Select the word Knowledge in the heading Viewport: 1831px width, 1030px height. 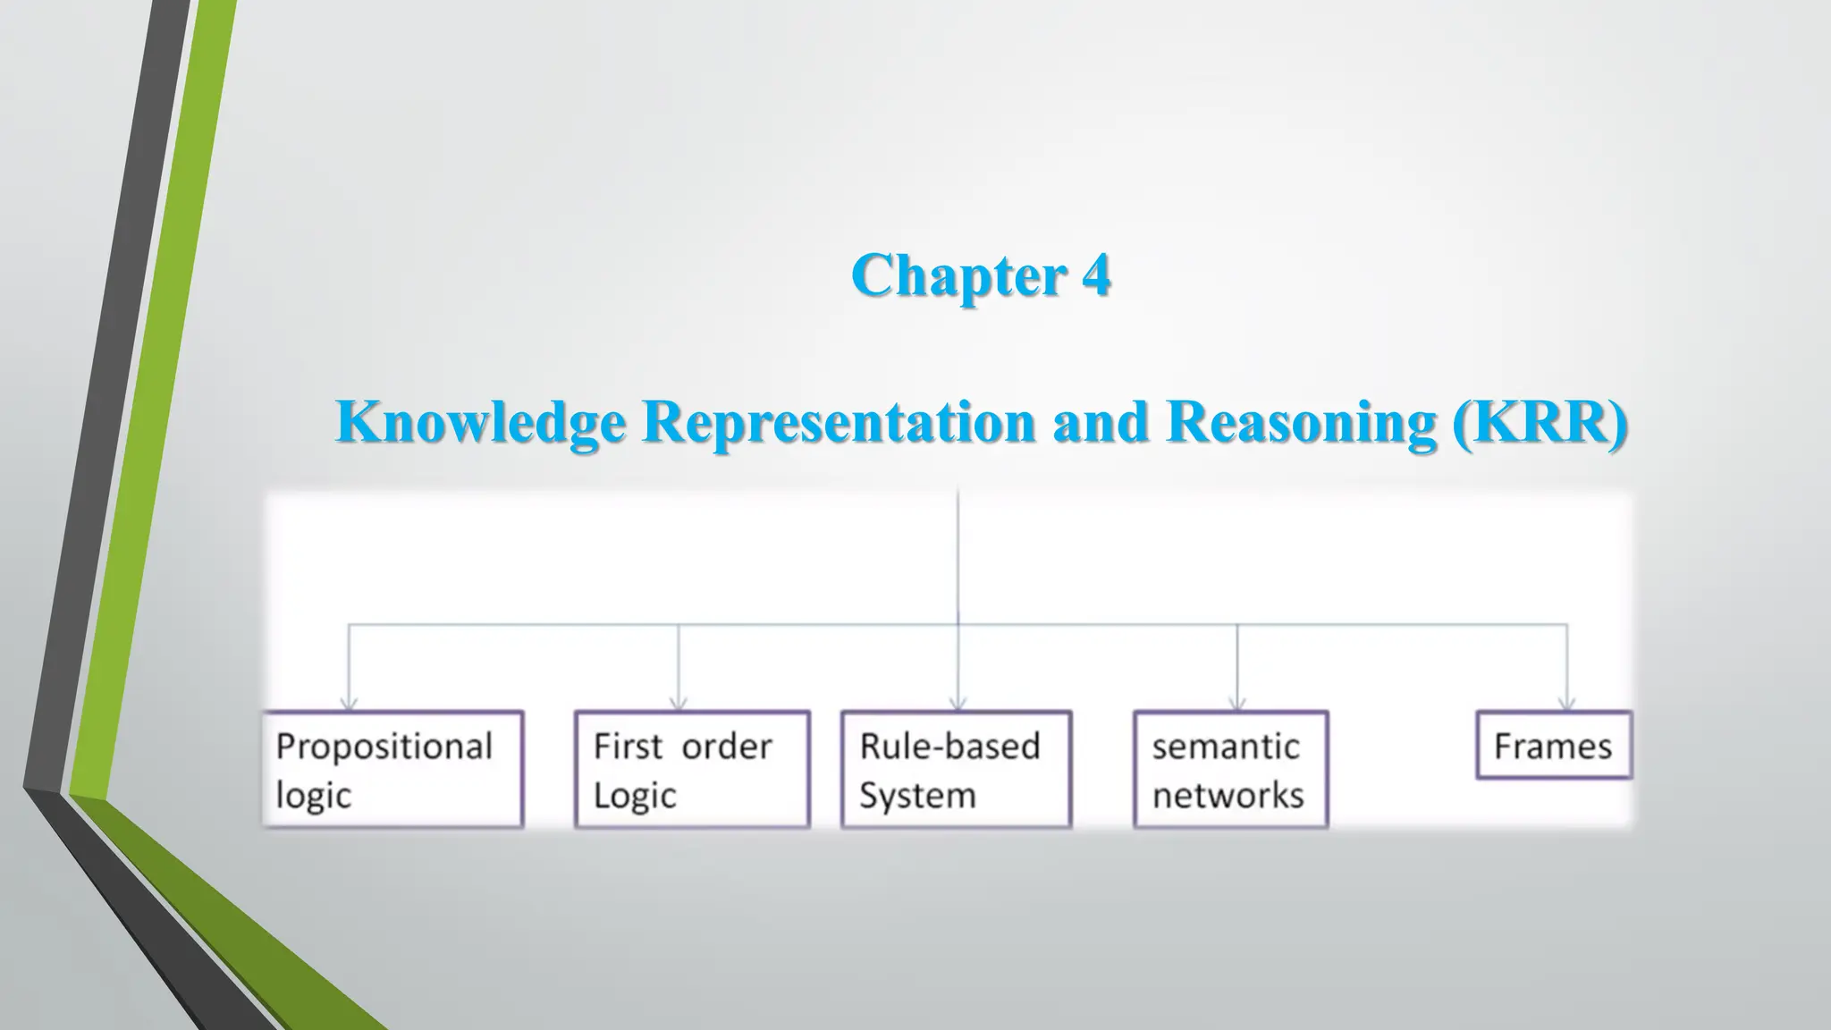480,421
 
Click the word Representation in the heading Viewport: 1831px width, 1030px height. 839,421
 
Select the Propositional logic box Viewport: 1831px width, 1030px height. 392,769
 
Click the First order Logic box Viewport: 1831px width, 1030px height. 692,769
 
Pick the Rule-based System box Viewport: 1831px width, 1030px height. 956,769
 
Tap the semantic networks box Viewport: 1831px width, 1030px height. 1231,769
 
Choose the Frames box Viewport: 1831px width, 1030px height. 1554,746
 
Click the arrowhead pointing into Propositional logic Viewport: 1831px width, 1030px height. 349,703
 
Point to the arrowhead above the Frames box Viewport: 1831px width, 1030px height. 1566,703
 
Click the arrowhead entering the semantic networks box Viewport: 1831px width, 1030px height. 1237,703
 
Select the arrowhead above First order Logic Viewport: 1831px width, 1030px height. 679,703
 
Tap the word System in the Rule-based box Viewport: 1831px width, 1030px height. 917,795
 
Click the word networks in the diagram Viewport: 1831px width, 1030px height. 1228,795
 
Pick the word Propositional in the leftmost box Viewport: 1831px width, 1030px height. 384,747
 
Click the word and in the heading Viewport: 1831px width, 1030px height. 1100,421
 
